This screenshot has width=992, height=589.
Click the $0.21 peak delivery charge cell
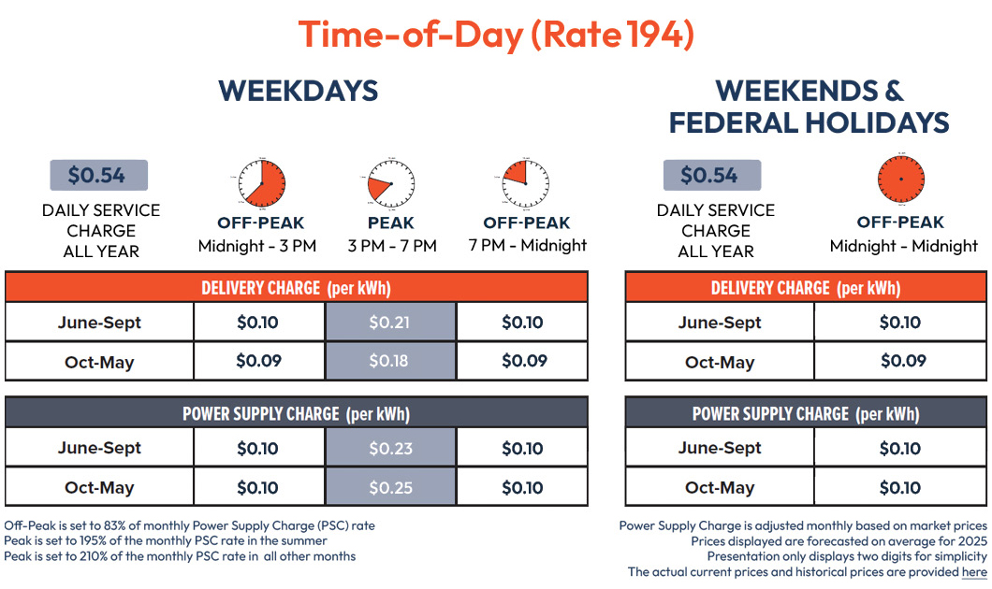pos(390,323)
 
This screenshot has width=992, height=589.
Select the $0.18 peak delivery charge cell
pos(390,361)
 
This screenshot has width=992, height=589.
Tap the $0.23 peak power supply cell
pos(390,448)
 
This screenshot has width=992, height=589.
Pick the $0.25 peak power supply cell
pos(390,487)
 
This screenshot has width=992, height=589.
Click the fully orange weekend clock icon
pos(900,179)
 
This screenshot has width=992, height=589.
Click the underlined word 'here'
pos(974,571)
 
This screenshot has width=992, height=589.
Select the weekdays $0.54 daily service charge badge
pos(99,176)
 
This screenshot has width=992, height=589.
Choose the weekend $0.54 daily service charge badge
pos(712,176)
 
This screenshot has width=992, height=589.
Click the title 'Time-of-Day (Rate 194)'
pos(496,35)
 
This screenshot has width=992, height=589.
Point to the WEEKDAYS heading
pos(298,91)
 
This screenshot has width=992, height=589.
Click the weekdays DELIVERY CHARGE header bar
pos(296,287)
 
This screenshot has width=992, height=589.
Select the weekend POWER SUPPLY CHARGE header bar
pos(806,413)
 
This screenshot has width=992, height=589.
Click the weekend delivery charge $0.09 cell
pos(902,361)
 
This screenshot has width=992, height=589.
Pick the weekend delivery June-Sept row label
pos(720,323)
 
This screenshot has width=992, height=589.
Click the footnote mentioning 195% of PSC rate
pos(165,540)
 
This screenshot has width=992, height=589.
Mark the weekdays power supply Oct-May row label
pos(99,487)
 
